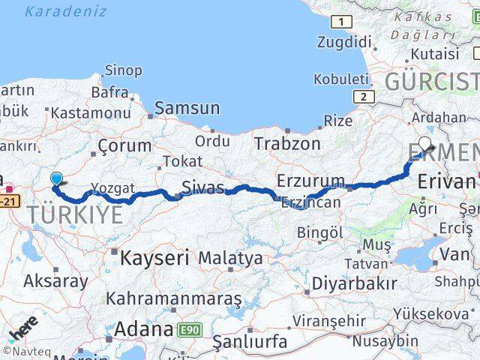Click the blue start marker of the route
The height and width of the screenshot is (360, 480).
[x=56, y=178]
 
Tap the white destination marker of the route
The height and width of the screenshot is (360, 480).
[x=425, y=144]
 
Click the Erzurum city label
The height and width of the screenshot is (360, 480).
[x=310, y=181]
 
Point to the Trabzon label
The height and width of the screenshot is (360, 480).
[x=286, y=142]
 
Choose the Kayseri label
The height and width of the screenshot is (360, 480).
[x=154, y=259]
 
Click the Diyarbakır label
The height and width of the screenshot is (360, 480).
[x=354, y=283]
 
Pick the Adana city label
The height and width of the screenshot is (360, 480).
[x=143, y=329]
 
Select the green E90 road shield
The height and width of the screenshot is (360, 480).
[x=189, y=329]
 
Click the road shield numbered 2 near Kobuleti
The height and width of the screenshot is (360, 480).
[x=364, y=96]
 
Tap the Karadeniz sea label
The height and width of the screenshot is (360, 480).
[x=65, y=12]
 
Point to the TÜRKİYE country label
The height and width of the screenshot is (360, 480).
[x=75, y=215]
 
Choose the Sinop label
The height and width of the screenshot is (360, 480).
[x=122, y=70]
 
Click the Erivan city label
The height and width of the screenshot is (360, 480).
[x=445, y=181]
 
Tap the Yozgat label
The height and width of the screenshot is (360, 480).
[x=112, y=188]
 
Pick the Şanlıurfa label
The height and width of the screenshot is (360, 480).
[x=250, y=342]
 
